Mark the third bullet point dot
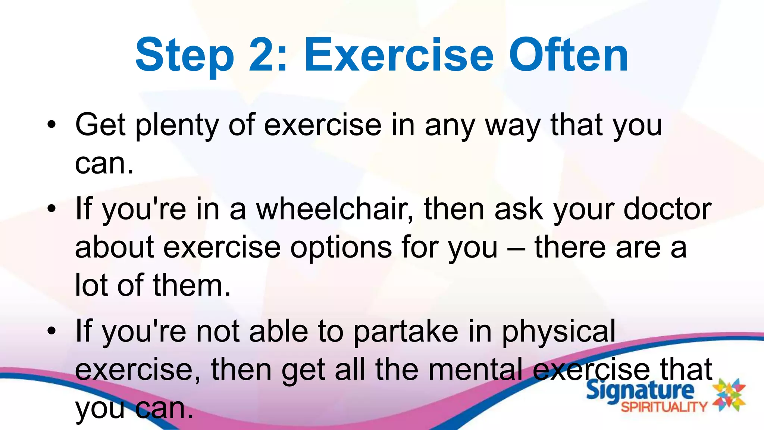point(51,331)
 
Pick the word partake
point(406,331)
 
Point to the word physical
point(558,331)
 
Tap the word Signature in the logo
point(640,391)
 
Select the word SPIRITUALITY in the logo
point(664,407)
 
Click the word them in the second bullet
point(191,286)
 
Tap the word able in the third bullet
point(278,331)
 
